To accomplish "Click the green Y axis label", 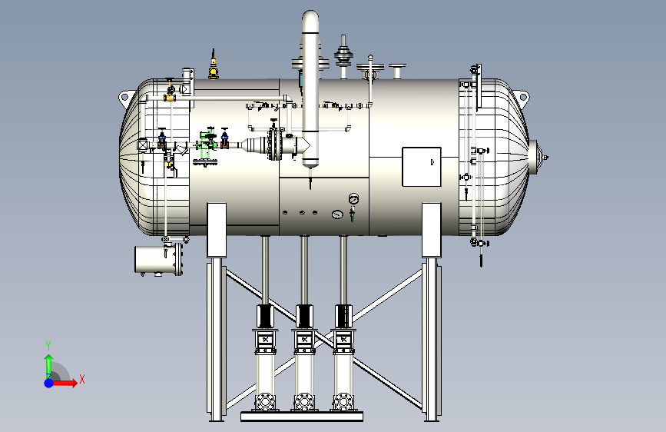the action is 48,345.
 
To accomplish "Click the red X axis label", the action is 82,379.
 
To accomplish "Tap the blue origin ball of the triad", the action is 49,383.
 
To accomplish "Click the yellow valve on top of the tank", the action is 214,65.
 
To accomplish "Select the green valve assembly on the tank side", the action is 207,145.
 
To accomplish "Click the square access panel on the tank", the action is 422,167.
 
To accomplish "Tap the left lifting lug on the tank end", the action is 124,98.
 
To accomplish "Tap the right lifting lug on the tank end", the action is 522,97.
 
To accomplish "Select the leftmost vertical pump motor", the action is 265,317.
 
